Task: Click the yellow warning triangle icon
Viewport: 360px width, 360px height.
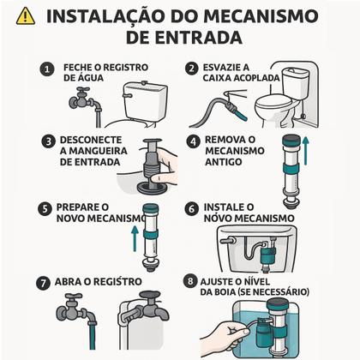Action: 26,16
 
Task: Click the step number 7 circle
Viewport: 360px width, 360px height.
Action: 43,282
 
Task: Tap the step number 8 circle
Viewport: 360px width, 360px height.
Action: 189,280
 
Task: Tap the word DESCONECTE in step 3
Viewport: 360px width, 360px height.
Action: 93,139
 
